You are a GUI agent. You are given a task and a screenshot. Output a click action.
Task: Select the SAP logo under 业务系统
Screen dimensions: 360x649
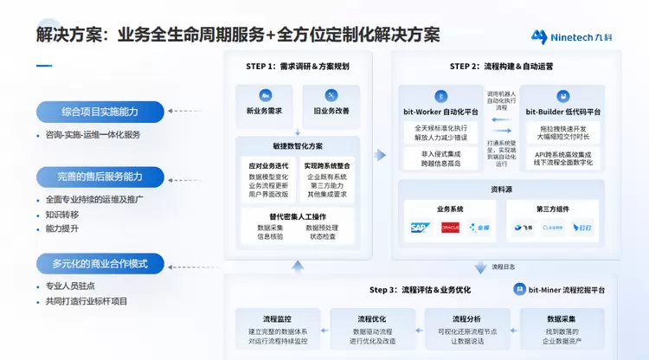(421, 228)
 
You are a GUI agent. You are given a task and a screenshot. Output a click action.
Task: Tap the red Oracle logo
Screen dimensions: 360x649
(450, 228)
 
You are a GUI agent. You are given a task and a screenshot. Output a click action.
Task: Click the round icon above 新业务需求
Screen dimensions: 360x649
(265, 95)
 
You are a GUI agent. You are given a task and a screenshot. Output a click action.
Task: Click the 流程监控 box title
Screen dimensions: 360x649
(277, 318)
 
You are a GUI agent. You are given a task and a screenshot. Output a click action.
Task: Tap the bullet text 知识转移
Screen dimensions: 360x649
(62, 215)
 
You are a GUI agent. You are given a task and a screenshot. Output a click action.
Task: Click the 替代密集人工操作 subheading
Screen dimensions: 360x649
(298, 215)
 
